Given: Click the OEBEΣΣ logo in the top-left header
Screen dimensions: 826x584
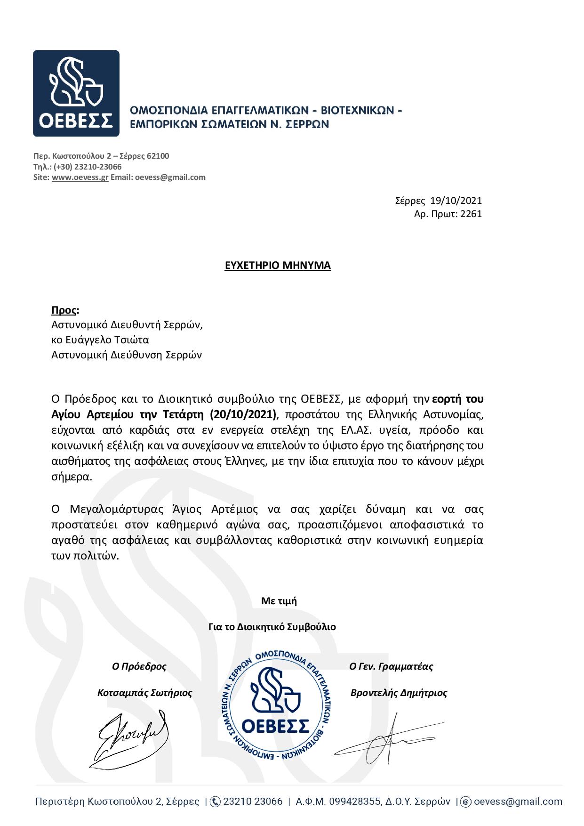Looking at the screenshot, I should click(x=76, y=93).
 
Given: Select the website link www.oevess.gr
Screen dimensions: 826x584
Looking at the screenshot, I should click(x=80, y=178).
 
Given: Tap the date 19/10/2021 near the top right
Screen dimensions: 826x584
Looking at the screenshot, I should click(x=456, y=201).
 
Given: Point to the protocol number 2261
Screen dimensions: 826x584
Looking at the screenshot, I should click(x=471, y=214).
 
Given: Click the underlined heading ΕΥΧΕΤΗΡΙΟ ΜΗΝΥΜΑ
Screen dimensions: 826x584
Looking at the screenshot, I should click(x=278, y=266).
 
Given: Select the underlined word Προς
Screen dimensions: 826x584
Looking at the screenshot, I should click(x=64, y=310).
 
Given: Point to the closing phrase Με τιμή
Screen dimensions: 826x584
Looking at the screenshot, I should click(x=279, y=601).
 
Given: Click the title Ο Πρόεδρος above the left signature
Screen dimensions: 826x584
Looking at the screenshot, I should click(x=139, y=667).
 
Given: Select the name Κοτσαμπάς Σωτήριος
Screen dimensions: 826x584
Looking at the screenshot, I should click(x=145, y=693).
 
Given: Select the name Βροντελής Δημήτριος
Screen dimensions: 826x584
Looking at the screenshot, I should click(x=399, y=693).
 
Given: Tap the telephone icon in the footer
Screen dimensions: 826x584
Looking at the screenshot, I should click(x=215, y=802).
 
